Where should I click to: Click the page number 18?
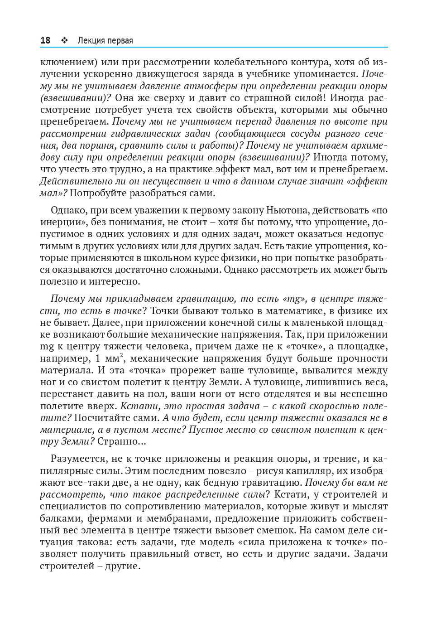(45, 40)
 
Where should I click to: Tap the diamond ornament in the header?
(64, 40)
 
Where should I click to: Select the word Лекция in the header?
(91, 41)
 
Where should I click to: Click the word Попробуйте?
(98, 193)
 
